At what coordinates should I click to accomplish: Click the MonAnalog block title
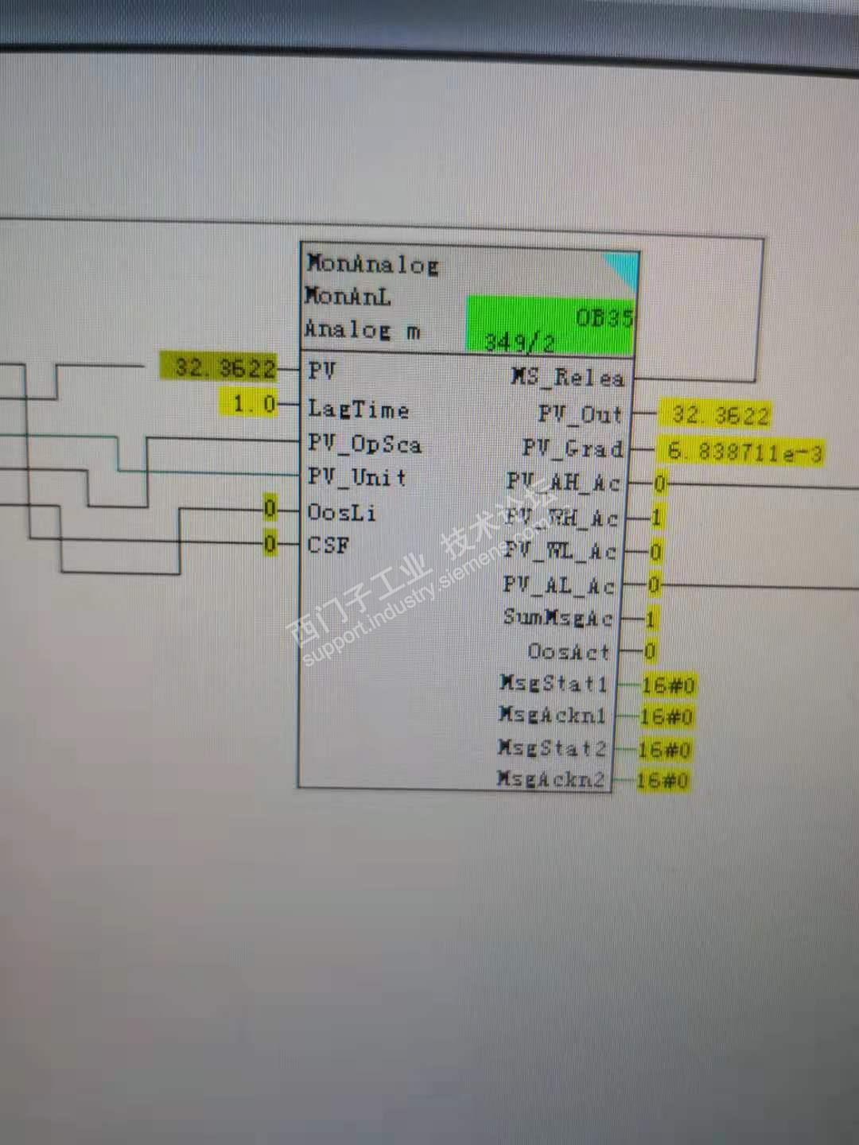[x=372, y=264]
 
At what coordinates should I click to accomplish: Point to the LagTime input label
[x=358, y=409]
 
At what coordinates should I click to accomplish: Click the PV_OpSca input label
[x=364, y=444]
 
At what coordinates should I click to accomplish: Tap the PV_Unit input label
[x=357, y=478]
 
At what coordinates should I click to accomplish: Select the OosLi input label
[x=341, y=513]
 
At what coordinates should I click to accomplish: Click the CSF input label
[x=328, y=545]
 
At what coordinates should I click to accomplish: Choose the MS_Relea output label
[x=567, y=377]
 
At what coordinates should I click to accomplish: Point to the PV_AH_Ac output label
[x=562, y=483]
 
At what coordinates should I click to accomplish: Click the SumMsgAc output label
[x=558, y=618]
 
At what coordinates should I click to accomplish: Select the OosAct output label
[x=568, y=652]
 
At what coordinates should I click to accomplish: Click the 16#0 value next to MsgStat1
[x=667, y=685]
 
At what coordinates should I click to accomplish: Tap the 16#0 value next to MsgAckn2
[x=663, y=781]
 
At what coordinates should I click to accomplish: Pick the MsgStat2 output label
[x=552, y=748]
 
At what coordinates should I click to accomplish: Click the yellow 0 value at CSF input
[x=270, y=544]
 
